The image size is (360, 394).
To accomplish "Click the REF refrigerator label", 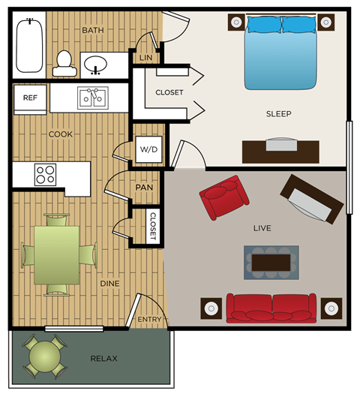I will click(x=30, y=98).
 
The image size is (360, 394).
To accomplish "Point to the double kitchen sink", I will click(x=94, y=98).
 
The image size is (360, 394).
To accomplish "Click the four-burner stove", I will click(x=45, y=174).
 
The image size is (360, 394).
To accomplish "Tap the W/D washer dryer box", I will click(x=148, y=150).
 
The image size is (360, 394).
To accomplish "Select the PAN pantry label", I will click(x=145, y=188).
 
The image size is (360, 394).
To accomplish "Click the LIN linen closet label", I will click(x=145, y=57).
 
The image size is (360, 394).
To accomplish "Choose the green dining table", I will click(x=56, y=254).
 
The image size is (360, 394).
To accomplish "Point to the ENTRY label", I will click(x=150, y=320).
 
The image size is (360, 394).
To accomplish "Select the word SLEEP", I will click(x=278, y=114).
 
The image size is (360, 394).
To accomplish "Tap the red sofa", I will click(x=271, y=307).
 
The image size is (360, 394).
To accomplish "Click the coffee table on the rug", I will click(x=271, y=262).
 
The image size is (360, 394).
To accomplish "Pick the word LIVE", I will click(x=262, y=228).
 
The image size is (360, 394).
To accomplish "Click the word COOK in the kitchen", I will click(x=61, y=134).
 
